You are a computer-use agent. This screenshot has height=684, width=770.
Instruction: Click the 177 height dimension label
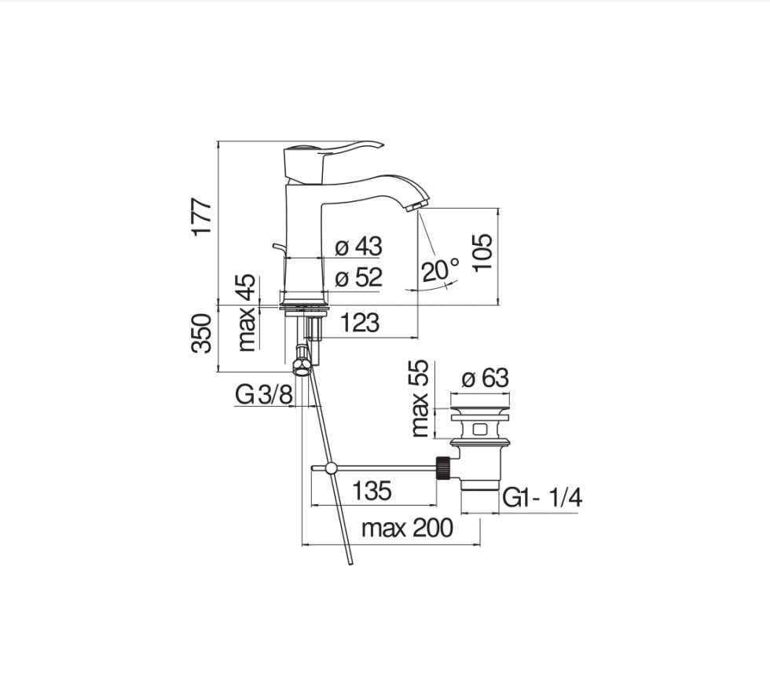click(x=203, y=218)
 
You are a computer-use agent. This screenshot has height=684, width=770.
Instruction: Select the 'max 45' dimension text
click(x=247, y=313)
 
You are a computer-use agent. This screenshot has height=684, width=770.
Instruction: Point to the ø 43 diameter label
click(x=358, y=247)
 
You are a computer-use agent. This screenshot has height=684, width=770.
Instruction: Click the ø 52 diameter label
click(x=358, y=277)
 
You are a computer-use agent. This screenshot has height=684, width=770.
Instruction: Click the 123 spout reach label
click(x=360, y=323)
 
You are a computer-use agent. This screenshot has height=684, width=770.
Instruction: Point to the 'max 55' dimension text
click(x=420, y=398)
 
